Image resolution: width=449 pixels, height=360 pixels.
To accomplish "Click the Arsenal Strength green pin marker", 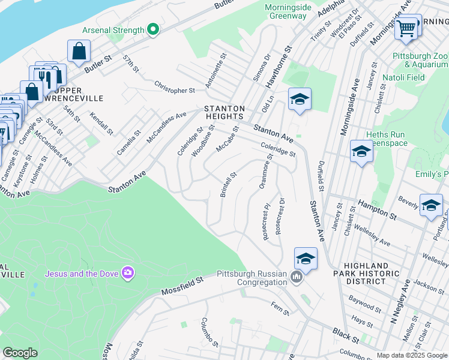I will click(154, 29).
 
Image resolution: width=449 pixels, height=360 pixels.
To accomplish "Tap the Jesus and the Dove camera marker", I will click(127, 274).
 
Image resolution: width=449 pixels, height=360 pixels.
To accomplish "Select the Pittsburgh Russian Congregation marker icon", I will click(296, 277).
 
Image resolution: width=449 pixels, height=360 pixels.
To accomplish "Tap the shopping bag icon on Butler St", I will click(79, 52).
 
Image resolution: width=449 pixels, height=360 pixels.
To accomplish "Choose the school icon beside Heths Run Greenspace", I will click(361, 152).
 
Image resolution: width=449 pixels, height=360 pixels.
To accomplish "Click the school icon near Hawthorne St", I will click(300, 100).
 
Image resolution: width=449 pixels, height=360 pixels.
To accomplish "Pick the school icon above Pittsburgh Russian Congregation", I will click(306, 259).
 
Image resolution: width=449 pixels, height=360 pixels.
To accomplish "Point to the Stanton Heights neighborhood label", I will click(224, 113).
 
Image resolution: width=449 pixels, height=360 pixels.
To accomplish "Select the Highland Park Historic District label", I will click(371, 274).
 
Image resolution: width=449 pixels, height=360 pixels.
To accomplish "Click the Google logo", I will click(20, 353).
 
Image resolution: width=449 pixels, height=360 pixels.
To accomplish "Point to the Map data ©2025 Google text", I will click(411, 355).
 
